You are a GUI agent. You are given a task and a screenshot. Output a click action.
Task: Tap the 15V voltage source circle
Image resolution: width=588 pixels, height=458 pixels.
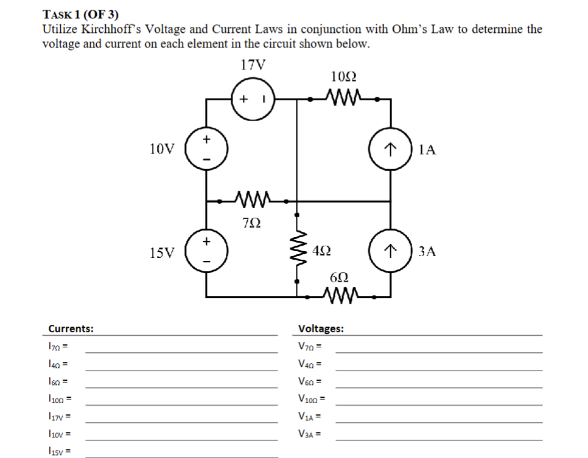tap(207, 251)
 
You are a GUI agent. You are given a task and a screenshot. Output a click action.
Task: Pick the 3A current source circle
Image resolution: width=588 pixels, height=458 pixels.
tap(390, 251)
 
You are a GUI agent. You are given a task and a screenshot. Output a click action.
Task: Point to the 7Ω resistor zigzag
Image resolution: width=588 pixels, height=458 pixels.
tap(252, 200)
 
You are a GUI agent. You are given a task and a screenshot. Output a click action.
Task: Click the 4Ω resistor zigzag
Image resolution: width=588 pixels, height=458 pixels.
tap(297, 251)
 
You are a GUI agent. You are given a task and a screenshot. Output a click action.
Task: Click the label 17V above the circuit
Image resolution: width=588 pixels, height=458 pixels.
tap(253, 65)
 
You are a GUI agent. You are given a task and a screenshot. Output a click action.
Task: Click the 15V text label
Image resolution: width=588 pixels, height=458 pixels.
tap(161, 252)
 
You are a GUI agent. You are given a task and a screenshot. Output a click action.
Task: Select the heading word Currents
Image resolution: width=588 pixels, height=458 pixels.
tap(71, 328)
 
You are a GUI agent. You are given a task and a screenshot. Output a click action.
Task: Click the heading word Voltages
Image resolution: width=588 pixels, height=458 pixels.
tap(321, 328)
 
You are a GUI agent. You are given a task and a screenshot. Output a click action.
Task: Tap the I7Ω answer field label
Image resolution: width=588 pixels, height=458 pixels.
tap(57, 347)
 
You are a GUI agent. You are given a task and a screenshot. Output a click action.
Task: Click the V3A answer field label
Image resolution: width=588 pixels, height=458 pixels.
tap(310, 434)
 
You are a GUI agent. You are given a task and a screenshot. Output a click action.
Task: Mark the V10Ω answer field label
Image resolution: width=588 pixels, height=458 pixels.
tap(312, 400)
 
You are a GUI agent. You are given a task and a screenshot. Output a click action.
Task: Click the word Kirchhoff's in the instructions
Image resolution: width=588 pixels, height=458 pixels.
tap(113, 29)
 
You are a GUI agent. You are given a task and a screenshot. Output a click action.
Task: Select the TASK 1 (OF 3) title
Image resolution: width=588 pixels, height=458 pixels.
tap(80, 14)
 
